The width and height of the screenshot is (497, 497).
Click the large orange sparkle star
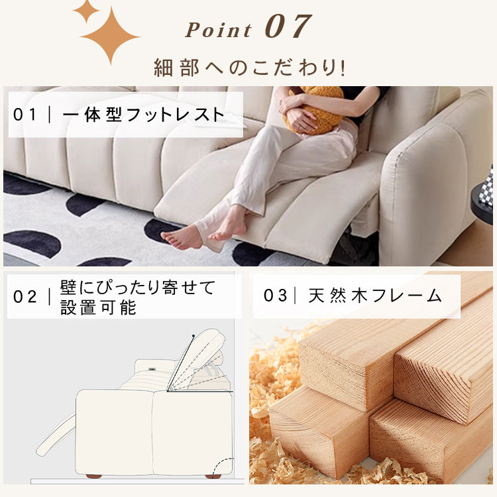pos(109,36)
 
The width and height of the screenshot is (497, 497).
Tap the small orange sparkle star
pos(85,11)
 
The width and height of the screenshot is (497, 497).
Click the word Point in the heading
pos(219,30)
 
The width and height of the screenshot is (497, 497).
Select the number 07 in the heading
pos(287,27)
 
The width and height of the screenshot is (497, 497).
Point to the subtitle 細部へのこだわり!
pos(249,67)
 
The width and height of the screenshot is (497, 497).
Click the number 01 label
pos(27,115)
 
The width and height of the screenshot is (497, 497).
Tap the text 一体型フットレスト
pos(143,115)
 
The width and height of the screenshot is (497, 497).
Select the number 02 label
pos(27,297)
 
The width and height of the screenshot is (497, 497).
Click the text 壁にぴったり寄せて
pos(138,288)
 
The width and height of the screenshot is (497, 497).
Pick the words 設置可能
pos(98,307)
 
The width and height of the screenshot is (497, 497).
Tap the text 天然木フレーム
pos(375,296)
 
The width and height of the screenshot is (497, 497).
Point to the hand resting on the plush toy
pos(302,119)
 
